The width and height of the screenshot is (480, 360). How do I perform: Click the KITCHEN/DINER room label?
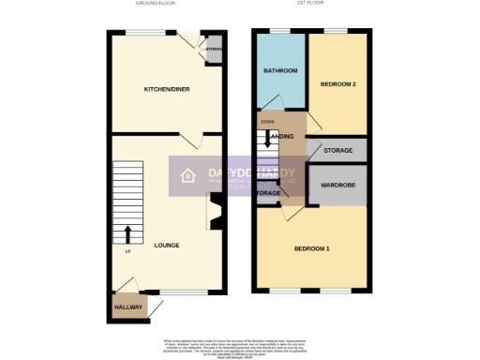click(x=162, y=89)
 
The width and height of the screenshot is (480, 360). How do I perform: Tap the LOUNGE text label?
click(x=167, y=246)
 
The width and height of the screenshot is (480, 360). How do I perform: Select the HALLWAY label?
click(x=128, y=307)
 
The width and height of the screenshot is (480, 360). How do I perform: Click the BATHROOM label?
click(x=279, y=71)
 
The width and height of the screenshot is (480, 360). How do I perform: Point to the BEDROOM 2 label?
click(x=337, y=83)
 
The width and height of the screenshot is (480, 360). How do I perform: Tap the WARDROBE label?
click(x=337, y=184)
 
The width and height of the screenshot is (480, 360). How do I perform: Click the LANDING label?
click(x=281, y=138)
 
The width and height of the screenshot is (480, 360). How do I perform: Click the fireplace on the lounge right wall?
click(x=212, y=212)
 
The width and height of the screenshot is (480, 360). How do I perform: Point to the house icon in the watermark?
click(x=187, y=176)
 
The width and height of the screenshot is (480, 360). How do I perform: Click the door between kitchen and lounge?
click(x=189, y=141)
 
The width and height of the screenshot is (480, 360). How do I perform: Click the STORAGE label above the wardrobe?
click(x=337, y=151)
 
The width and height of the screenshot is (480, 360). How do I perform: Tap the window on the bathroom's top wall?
click(x=279, y=33)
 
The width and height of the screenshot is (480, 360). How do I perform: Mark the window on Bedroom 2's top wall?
click(x=337, y=33)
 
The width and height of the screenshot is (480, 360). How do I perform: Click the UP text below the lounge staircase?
click(x=127, y=251)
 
